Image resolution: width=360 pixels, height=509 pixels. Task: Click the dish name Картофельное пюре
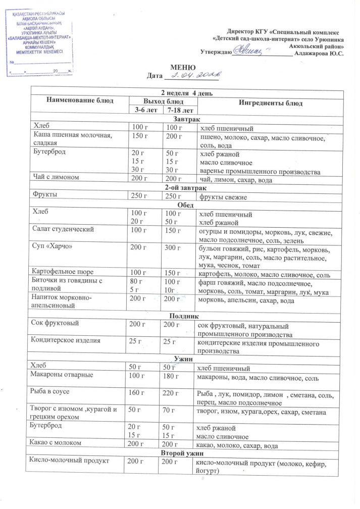coord(62,272)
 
